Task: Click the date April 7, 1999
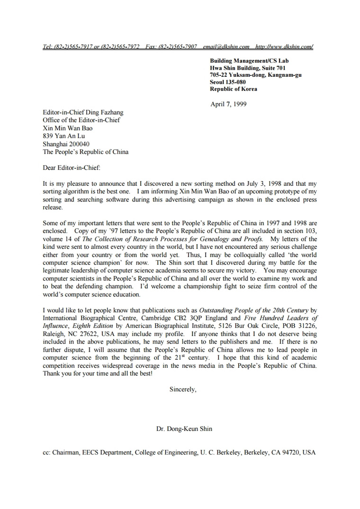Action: click(x=228, y=104)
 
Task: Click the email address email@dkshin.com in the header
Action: click(x=226, y=47)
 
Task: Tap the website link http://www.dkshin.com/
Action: click(x=284, y=47)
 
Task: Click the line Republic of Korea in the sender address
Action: click(x=234, y=89)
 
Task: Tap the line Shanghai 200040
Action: click(x=66, y=144)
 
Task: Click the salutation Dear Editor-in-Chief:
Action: click(x=72, y=167)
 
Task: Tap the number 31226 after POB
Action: click(x=307, y=326)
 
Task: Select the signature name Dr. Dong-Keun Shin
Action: click(x=184, y=429)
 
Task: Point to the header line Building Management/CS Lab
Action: click(x=249, y=61)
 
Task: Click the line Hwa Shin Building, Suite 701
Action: click(x=248, y=68)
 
